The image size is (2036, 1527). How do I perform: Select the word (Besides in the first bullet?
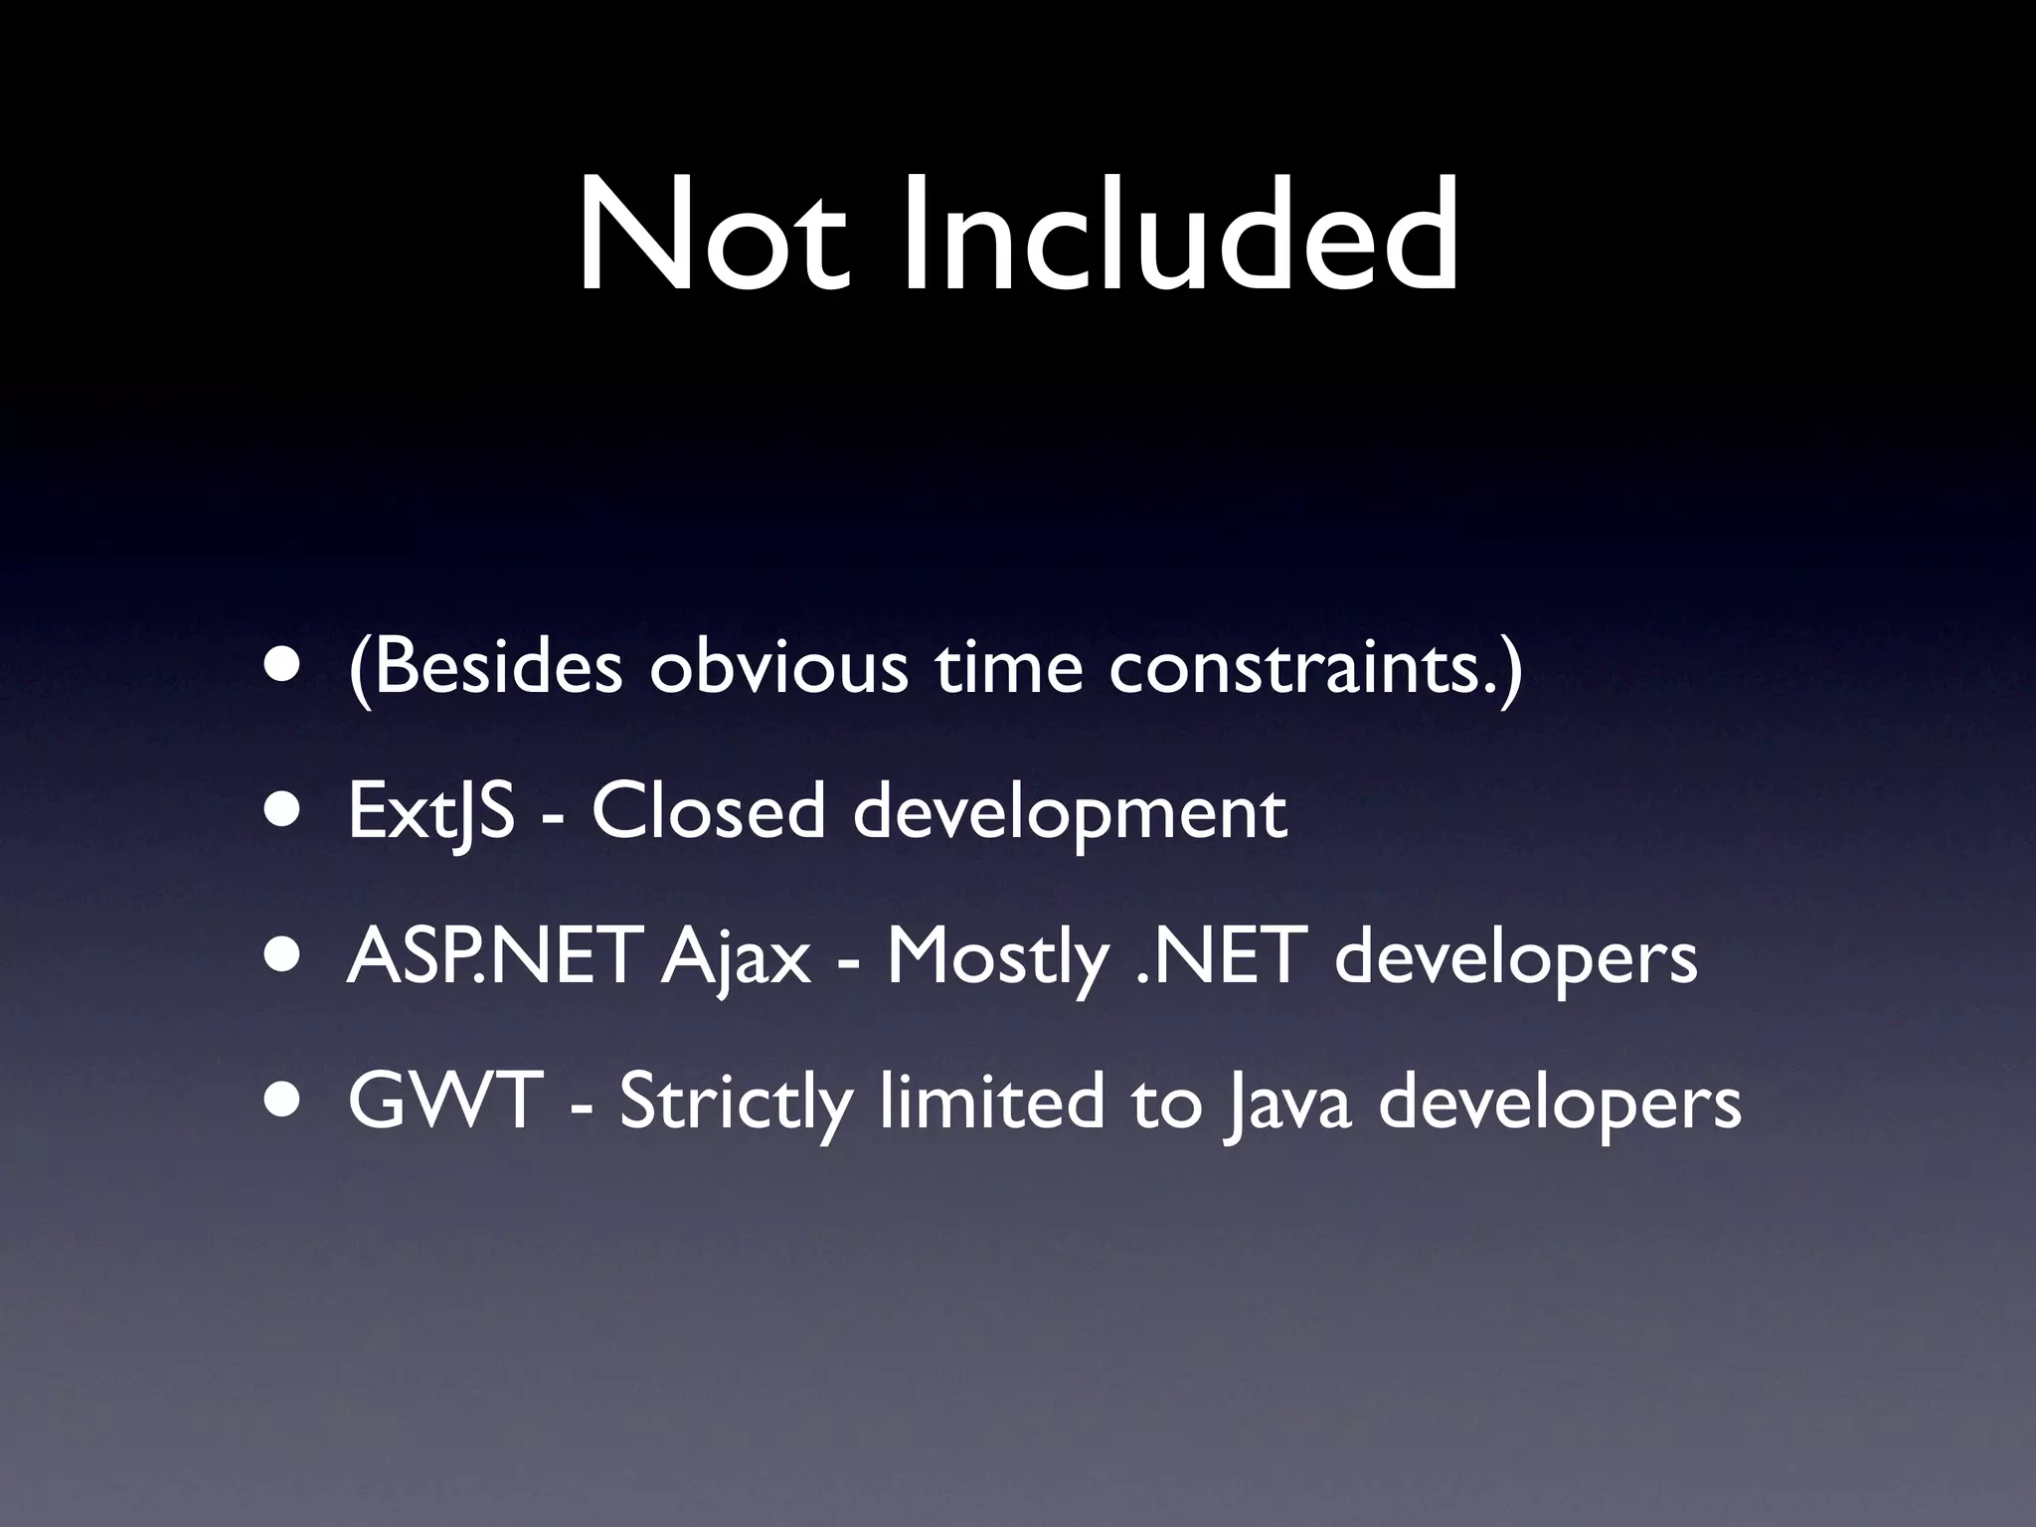pos(485,667)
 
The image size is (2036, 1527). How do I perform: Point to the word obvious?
pos(778,667)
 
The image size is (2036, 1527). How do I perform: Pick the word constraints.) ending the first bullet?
pos(1315,667)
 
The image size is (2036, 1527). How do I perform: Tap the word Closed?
pos(708,811)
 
